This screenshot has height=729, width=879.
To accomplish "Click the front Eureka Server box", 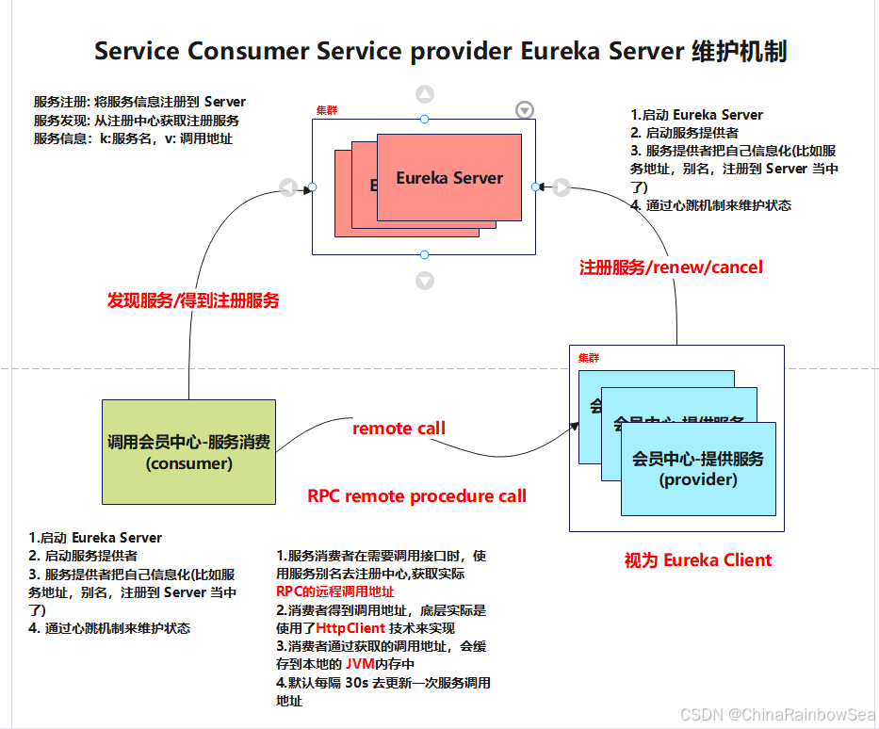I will tap(449, 177).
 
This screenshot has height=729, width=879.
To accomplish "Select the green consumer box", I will tap(188, 452).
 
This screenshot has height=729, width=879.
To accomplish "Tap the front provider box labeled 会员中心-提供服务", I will tap(698, 468).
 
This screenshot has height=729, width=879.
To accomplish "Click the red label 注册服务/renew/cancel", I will tap(671, 267).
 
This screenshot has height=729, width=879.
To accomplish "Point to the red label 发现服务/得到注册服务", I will tap(193, 300).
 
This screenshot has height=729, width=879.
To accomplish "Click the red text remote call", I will tap(399, 429).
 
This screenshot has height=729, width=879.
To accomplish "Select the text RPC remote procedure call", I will tap(416, 496).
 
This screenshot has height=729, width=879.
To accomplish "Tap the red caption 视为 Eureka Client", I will tap(697, 560).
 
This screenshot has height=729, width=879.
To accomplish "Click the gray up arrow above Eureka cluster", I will tap(425, 94).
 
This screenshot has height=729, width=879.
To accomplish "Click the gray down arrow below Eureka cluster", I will tap(425, 281).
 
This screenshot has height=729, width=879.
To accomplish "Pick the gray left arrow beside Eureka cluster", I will tap(288, 187).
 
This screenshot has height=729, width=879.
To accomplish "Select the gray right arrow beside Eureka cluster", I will tap(562, 187).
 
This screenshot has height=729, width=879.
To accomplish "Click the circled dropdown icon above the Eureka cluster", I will tap(525, 110).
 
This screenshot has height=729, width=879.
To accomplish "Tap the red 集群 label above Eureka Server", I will tap(327, 111).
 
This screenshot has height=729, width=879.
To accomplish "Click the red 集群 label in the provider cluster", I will tap(588, 359).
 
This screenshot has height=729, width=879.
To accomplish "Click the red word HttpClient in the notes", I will tap(350, 627).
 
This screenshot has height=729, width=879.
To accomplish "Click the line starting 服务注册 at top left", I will tap(139, 102).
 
